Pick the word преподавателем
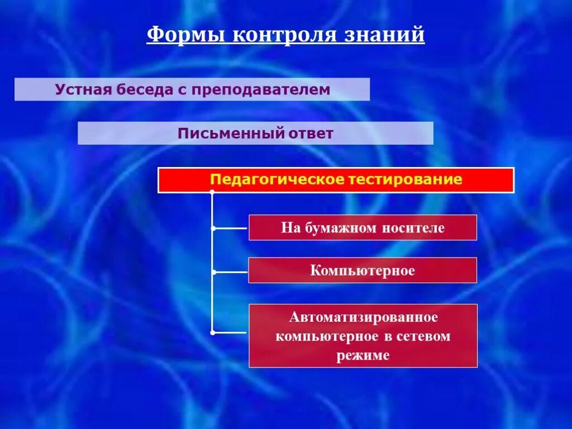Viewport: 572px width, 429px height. pyautogui.click(x=259, y=89)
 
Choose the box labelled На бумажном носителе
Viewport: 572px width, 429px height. pyautogui.click(x=363, y=228)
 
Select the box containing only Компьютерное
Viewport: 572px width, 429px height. pyautogui.click(x=363, y=271)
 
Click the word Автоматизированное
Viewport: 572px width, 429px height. pyautogui.click(x=363, y=317)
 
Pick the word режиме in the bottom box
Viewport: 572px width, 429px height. pyautogui.click(x=363, y=355)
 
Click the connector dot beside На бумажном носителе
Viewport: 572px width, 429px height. pyautogui.click(x=212, y=228)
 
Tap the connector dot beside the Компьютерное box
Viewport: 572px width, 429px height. pyautogui.click(x=212, y=272)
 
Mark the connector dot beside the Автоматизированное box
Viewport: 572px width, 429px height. pyautogui.click(x=212, y=332)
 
